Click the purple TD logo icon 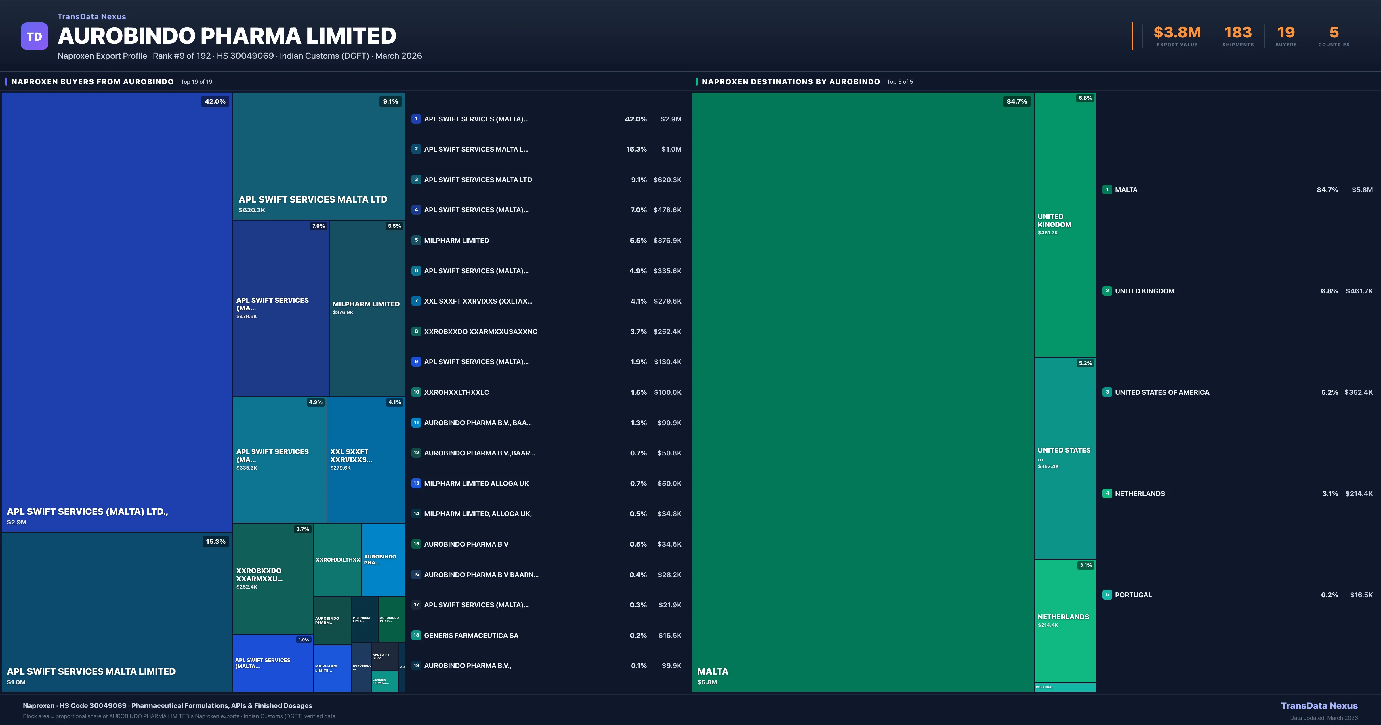[x=34, y=37]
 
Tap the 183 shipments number [x=1237, y=33]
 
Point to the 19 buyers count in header [x=1285, y=33]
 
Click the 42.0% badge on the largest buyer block [x=215, y=101]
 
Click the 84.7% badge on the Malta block [x=1016, y=101]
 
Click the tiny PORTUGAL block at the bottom [x=1065, y=687]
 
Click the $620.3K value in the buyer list [x=667, y=180]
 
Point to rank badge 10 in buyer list [x=416, y=392]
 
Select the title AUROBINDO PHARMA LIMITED [x=227, y=36]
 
